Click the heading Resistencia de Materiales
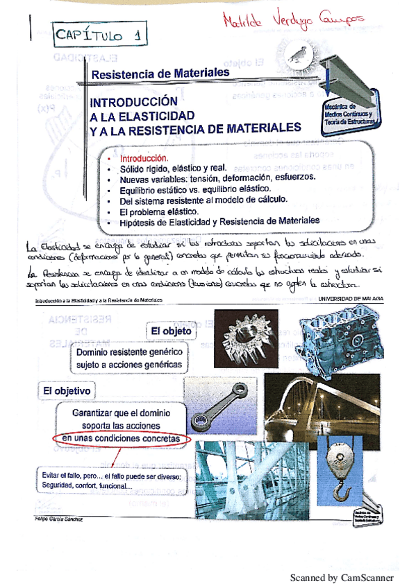(x=160, y=72)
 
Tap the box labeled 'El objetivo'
(x=67, y=391)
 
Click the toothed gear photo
(x=246, y=338)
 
